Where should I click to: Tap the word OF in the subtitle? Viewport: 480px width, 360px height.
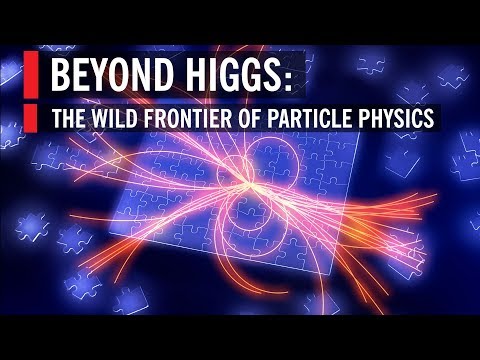click(263, 118)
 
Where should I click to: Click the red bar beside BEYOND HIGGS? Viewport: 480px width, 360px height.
click(31, 76)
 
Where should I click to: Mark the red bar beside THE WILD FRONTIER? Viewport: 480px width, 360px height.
click(31, 118)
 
